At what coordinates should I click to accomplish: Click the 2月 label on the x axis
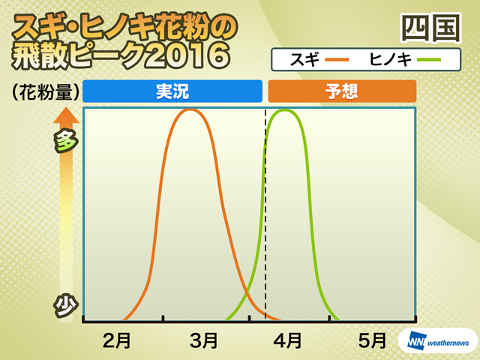point(117,340)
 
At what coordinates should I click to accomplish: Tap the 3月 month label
point(203,340)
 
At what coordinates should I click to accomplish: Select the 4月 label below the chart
point(287,340)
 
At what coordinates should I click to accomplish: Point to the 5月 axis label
point(372,340)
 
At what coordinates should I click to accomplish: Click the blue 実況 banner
point(172,91)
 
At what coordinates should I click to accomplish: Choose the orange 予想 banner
point(342,91)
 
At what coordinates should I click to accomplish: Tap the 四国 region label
point(430,28)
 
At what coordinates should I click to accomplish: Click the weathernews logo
point(438,341)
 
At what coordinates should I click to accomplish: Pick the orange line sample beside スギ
point(337,60)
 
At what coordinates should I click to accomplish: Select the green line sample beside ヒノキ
point(429,60)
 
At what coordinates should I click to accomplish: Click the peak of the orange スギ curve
point(190,109)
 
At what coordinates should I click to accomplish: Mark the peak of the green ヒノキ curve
point(285,109)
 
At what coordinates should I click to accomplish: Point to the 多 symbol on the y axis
point(65,141)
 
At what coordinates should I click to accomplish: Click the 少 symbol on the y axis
point(65,305)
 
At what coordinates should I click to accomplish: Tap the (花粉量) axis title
point(45,91)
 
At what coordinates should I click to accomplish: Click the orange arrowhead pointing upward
point(66,115)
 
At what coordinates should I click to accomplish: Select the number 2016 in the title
point(187,55)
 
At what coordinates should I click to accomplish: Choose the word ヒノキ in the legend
point(390,59)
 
